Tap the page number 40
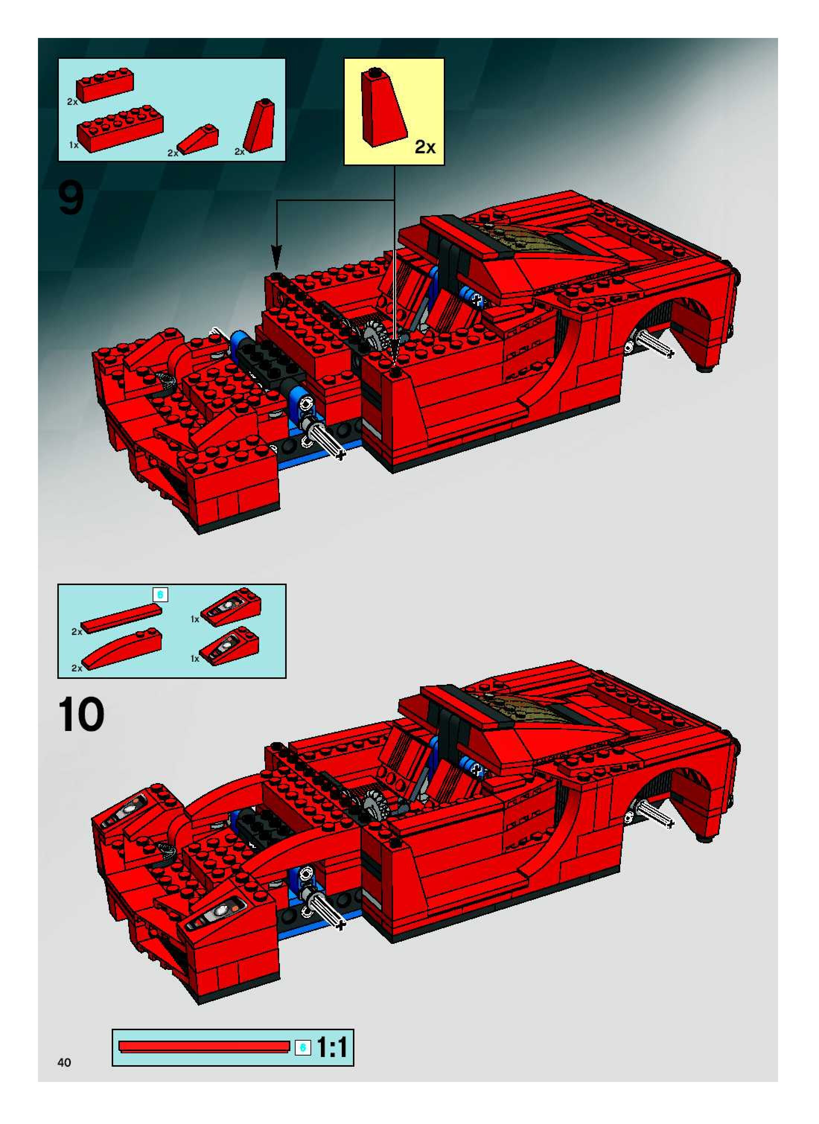[64, 1062]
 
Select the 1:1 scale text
[332, 1048]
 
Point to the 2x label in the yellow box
[425, 147]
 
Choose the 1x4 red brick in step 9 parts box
[105, 85]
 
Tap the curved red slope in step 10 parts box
[122, 649]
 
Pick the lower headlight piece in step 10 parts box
[229, 647]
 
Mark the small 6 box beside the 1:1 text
[303, 1048]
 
